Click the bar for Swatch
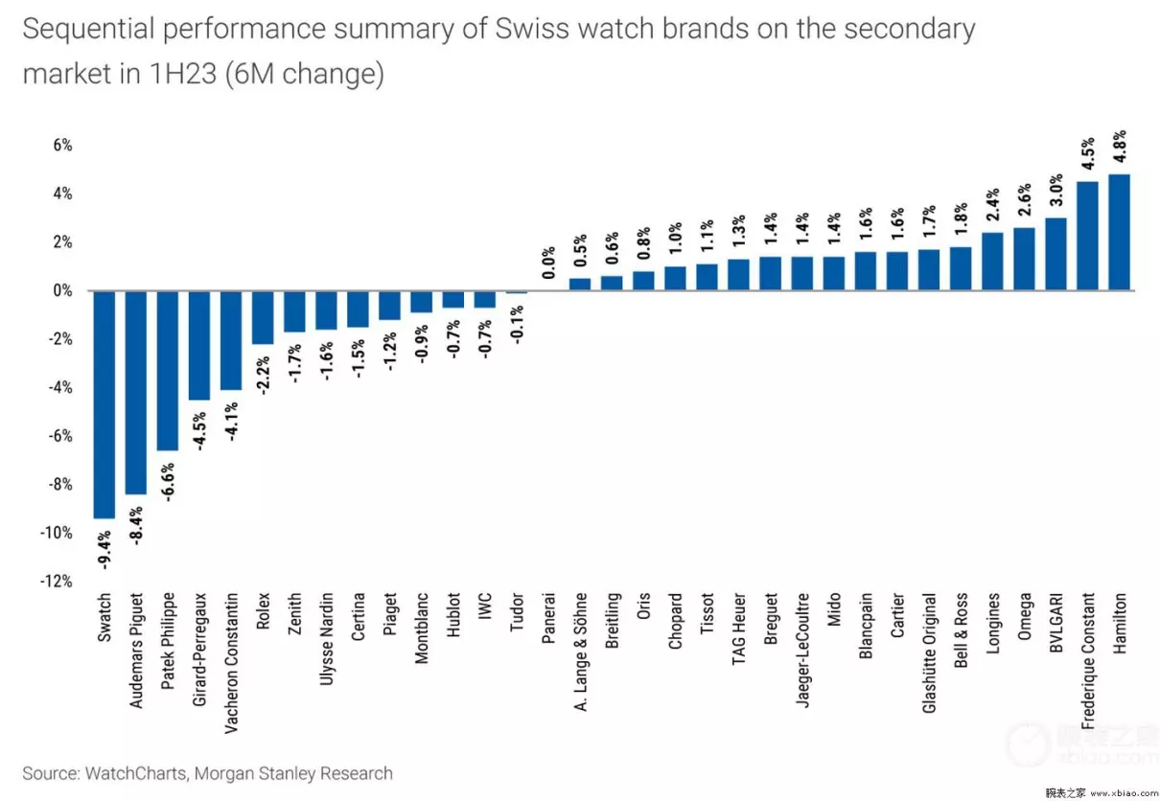pos(104,403)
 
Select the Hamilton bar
pos(1119,232)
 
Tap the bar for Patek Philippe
pos(167,370)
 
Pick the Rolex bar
pos(263,317)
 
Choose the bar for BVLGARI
pos(1056,254)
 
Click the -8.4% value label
pos(136,525)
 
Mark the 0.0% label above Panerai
pos(548,263)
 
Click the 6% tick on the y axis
pos(62,146)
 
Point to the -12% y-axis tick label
pos(58,582)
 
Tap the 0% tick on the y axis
pos(62,290)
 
